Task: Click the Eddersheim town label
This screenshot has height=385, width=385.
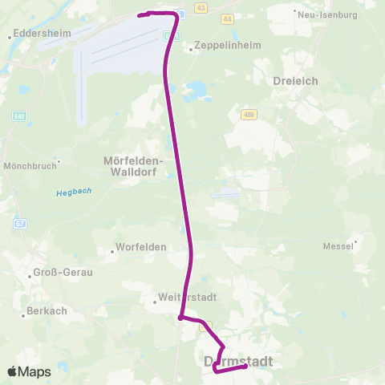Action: pos(41,34)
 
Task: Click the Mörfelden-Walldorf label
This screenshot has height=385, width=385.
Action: pos(134,164)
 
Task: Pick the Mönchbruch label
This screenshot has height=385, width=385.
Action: pos(29,167)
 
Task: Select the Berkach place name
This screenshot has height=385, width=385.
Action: pos(47,310)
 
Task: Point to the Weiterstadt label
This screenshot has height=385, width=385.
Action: pos(188,297)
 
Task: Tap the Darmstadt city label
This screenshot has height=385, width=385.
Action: pos(238,362)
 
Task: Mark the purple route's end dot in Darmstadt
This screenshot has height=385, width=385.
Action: pos(244,367)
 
